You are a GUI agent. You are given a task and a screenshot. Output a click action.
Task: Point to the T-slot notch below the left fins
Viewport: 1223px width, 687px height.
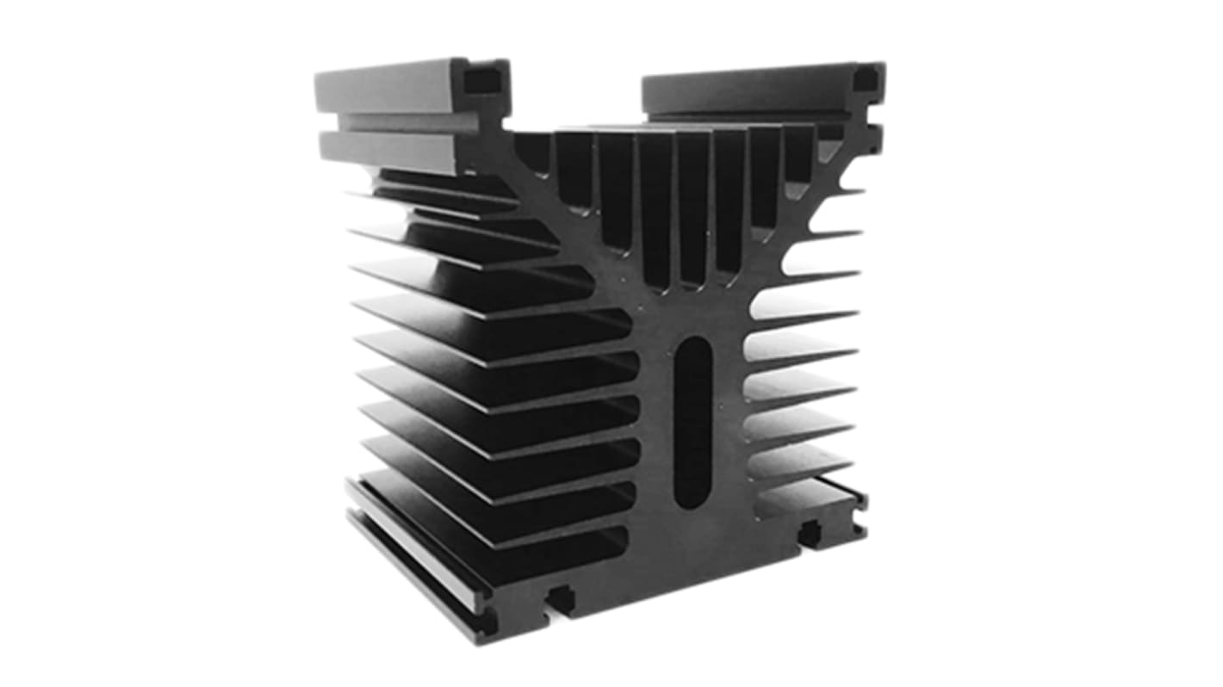tap(561, 596)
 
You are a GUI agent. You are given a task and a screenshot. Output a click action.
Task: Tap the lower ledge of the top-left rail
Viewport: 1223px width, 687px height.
tap(396, 148)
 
